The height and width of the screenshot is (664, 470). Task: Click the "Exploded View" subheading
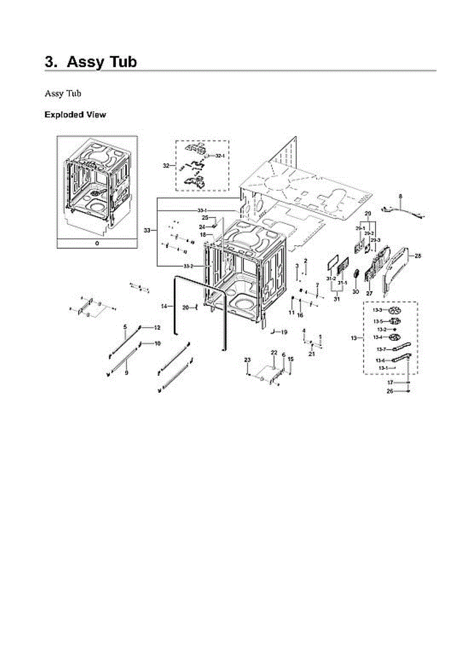coord(75,115)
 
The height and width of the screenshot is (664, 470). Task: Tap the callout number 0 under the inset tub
coord(97,243)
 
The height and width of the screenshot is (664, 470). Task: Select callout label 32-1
coord(220,156)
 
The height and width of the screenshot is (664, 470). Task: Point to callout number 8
coord(401,196)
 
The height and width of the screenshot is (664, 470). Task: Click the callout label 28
coord(418,256)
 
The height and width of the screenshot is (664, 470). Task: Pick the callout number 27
coord(369,293)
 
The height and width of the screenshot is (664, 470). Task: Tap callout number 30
coord(356,290)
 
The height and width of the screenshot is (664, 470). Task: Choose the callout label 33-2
coord(188,266)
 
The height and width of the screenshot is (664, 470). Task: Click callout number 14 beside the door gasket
coord(164,306)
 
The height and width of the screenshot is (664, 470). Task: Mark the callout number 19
coord(284,332)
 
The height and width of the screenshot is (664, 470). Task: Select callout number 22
coord(273,352)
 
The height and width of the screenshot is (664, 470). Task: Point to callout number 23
coord(247,360)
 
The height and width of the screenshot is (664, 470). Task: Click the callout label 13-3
coord(377,310)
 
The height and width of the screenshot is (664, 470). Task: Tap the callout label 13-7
coord(381,349)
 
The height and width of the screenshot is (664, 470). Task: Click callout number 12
coord(157,328)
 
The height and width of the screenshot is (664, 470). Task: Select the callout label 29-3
coord(375,240)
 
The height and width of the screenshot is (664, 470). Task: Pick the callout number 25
coord(205,217)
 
